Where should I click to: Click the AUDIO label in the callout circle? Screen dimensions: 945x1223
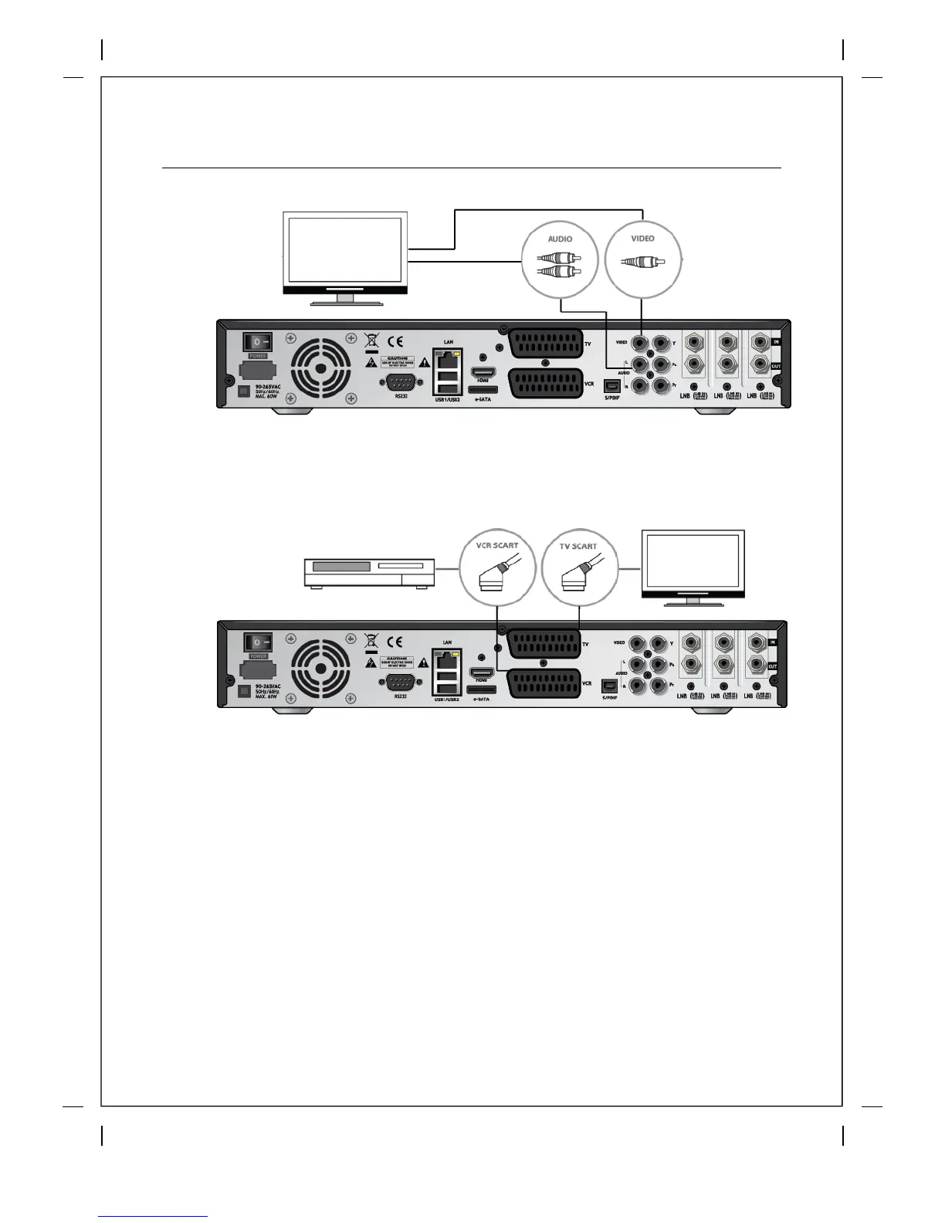coord(560,239)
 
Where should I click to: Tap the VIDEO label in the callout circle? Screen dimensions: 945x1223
coord(642,239)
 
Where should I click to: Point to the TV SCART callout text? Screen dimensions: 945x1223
coord(578,546)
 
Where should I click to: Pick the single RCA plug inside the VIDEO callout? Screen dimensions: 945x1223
coord(643,263)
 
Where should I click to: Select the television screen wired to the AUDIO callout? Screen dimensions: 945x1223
coord(344,251)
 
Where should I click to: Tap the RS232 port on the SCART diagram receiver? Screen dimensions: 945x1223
coord(400,683)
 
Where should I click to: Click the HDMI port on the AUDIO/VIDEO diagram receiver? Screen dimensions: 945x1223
coord(483,372)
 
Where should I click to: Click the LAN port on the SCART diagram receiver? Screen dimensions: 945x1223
coord(447,659)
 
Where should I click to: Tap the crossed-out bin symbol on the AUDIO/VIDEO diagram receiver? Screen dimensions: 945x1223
coord(371,340)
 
